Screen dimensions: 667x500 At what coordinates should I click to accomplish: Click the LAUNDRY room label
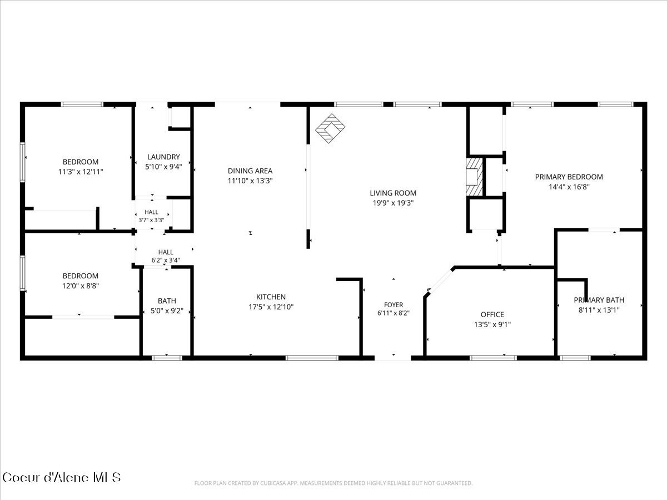click(x=163, y=157)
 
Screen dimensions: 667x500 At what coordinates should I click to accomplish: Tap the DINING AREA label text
click(x=250, y=171)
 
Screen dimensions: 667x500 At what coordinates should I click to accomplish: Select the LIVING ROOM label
click(x=393, y=193)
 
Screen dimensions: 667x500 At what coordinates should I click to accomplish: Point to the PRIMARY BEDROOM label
click(x=569, y=177)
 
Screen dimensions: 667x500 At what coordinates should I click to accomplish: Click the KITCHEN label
click(x=271, y=297)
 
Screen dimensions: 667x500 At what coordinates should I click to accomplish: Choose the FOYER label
click(x=394, y=304)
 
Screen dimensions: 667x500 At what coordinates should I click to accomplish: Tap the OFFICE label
click(x=492, y=314)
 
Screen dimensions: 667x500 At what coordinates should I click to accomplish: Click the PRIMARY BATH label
click(x=599, y=300)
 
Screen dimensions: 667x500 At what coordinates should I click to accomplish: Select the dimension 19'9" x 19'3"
click(x=393, y=203)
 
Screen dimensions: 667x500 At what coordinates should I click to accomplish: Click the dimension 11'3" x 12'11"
click(x=81, y=172)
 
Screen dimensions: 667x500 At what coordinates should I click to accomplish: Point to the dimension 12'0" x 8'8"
click(x=81, y=286)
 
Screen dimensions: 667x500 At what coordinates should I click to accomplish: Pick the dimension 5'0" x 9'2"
click(x=167, y=311)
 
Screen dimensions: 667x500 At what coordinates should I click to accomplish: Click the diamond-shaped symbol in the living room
click(x=330, y=128)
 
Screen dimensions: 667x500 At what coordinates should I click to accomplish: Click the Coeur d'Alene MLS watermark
click(x=61, y=478)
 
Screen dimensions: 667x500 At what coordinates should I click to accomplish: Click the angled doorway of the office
click(x=440, y=281)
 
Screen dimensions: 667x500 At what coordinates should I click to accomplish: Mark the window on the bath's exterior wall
click(x=167, y=358)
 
